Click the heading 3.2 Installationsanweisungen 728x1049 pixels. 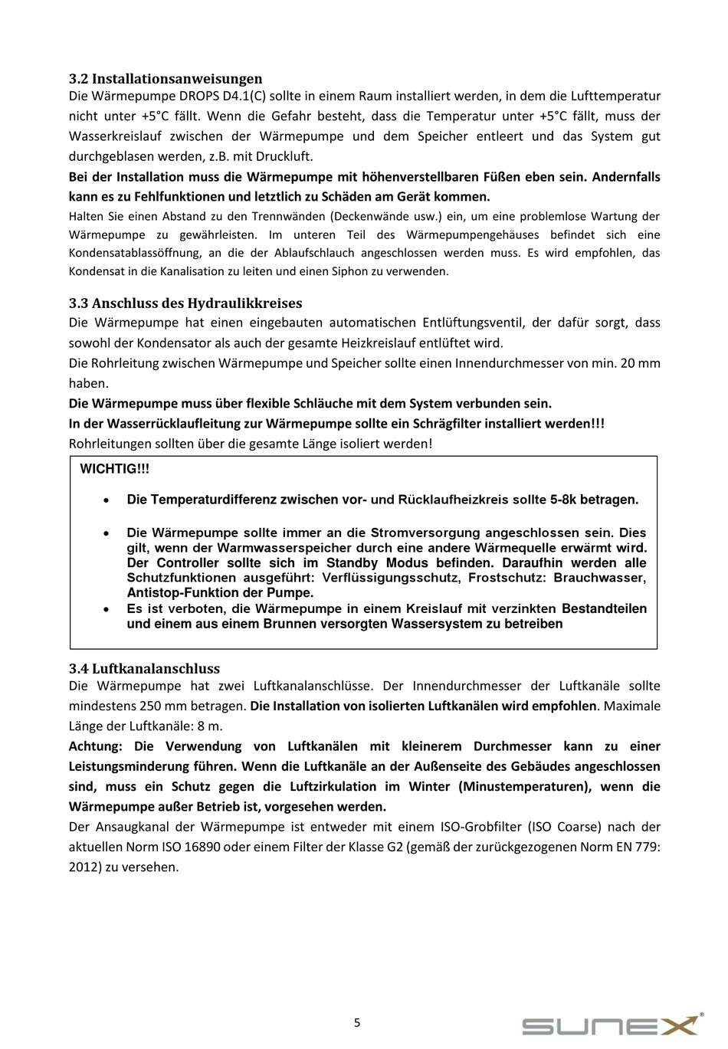166,78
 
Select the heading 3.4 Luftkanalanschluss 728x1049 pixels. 144,668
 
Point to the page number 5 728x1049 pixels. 357,1022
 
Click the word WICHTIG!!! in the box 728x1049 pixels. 115,469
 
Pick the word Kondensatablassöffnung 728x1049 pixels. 135,253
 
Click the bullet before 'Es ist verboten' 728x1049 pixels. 108,609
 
